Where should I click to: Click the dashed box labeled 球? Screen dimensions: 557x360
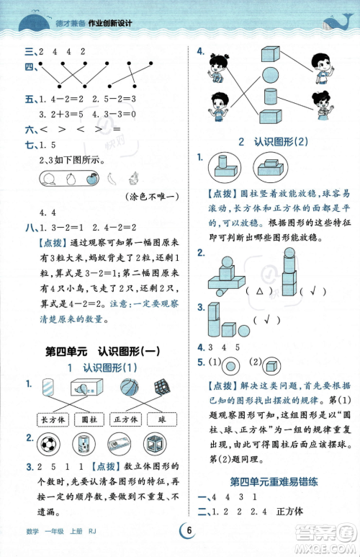coord(160,419)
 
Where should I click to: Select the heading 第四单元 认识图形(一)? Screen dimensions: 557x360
coord(101,352)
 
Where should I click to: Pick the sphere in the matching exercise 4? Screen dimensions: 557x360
coord(269,75)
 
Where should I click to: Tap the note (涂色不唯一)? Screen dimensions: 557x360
coord(156,196)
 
